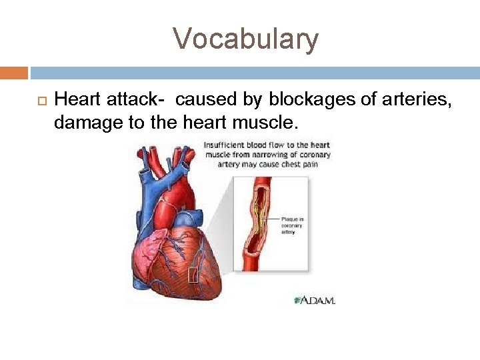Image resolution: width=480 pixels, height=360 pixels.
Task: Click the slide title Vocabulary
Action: point(246,39)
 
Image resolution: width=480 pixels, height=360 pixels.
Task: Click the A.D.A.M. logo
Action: point(314,300)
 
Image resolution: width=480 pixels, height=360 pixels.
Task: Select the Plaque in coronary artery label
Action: point(292,225)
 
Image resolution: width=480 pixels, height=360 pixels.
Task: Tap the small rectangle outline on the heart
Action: point(193,274)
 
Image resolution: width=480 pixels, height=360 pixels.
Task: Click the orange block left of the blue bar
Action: point(14,73)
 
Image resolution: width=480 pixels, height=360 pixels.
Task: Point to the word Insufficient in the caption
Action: point(225,145)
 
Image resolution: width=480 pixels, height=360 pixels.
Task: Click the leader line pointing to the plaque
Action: point(271,218)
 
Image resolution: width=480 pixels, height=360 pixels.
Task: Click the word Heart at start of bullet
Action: point(74,100)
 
